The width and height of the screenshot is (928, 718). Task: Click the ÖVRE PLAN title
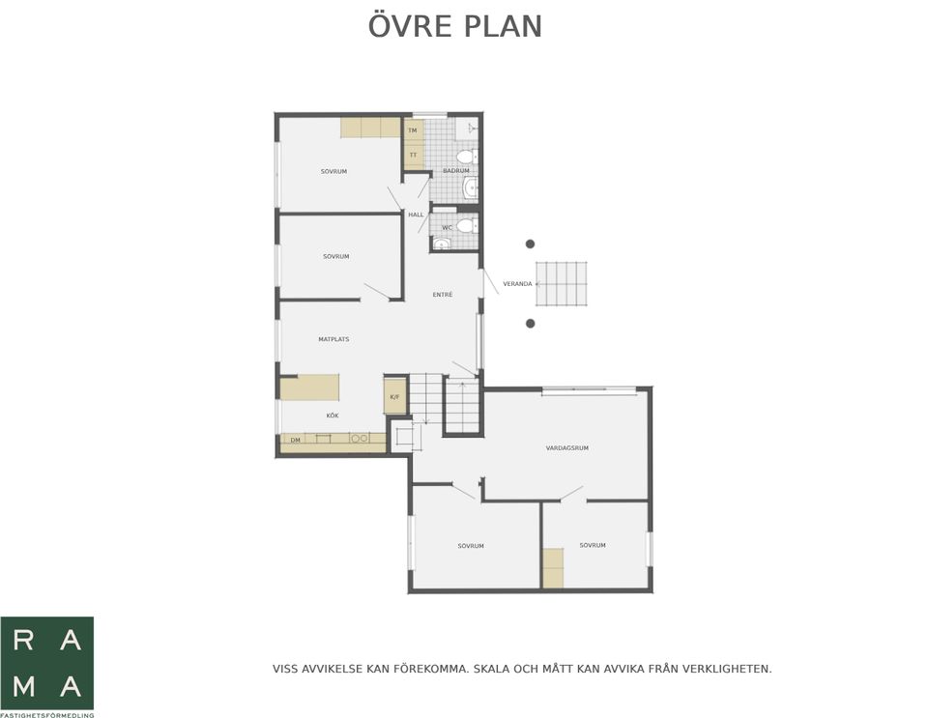pos(455,25)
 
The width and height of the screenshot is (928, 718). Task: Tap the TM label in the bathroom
pos(413,130)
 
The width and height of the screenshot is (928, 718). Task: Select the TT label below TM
pos(413,155)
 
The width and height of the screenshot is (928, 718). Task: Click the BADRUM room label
pos(455,170)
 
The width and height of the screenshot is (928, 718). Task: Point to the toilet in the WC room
pos(466,225)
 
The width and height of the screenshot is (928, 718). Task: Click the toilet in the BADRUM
pos(466,157)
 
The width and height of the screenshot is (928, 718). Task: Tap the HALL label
pos(416,215)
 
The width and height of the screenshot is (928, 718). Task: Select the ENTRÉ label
pos(443,295)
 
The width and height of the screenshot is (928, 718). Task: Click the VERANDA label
pos(517,284)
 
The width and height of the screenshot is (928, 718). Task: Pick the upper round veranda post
pos(531,244)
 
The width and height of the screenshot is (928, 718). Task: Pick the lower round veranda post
pos(531,324)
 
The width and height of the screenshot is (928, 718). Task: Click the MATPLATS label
pos(333,339)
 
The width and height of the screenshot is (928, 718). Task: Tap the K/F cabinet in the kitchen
pos(395,395)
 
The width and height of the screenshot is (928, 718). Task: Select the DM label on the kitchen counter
pos(295,440)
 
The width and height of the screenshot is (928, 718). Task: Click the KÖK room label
pos(333,416)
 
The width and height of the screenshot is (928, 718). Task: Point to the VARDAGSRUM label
pos(567,448)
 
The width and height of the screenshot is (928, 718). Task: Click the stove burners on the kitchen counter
pos(360,439)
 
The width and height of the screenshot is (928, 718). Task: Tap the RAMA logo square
pos(46,663)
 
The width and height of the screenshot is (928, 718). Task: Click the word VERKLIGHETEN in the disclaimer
pos(726,670)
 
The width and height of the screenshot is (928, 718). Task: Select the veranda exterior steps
pos(562,284)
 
